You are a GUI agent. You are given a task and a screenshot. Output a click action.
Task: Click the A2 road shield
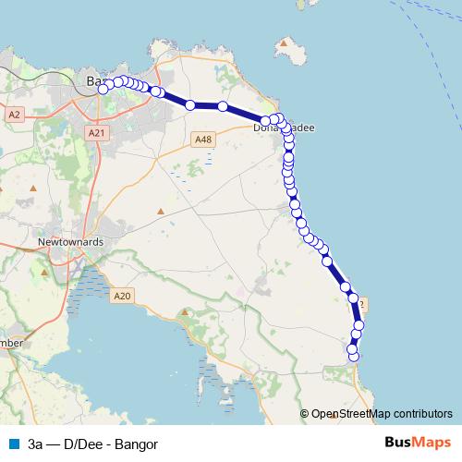click(x=14, y=115)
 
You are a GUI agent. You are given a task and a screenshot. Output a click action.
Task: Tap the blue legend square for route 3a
click(x=12, y=443)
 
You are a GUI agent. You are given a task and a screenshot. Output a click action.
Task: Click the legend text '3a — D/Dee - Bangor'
click(x=92, y=443)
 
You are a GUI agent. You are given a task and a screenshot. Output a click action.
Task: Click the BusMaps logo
click(x=417, y=443)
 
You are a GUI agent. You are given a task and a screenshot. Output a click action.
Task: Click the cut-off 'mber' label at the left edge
click(x=11, y=343)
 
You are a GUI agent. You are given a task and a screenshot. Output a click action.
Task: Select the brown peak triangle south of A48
click(x=161, y=211)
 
